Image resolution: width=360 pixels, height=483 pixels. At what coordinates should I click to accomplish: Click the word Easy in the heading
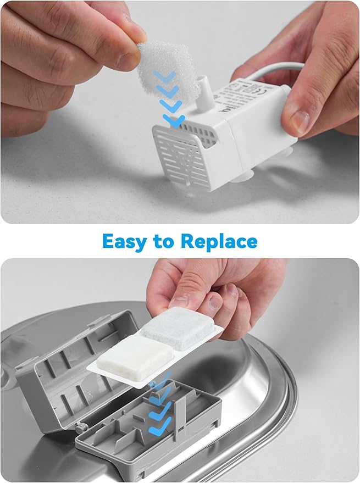(x=125, y=242)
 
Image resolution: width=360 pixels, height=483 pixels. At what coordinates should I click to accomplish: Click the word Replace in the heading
(x=219, y=242)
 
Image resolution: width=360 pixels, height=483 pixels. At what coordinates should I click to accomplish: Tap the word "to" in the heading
(x=164, y=242)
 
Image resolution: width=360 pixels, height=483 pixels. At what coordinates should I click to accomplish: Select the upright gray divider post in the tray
(x=180, y=418)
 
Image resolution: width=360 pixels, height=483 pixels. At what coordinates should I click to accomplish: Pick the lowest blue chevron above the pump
(x=174, y=121)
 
